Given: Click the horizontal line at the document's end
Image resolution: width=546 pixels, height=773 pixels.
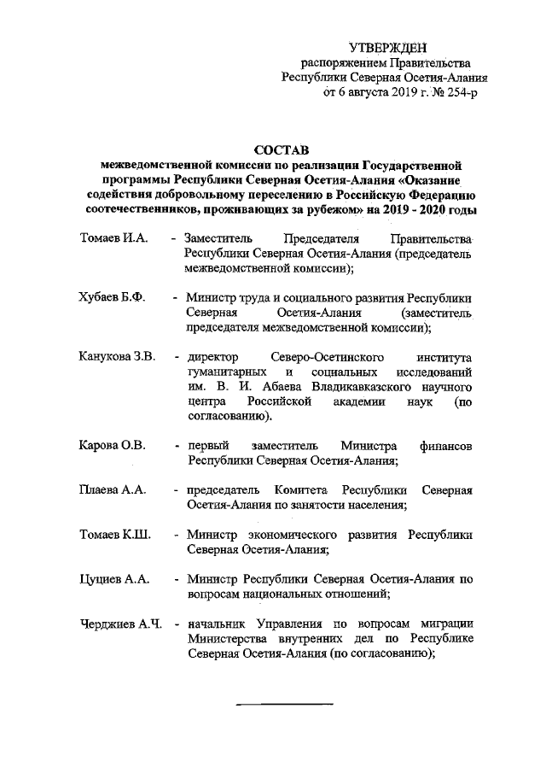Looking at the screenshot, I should [283, 703].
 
